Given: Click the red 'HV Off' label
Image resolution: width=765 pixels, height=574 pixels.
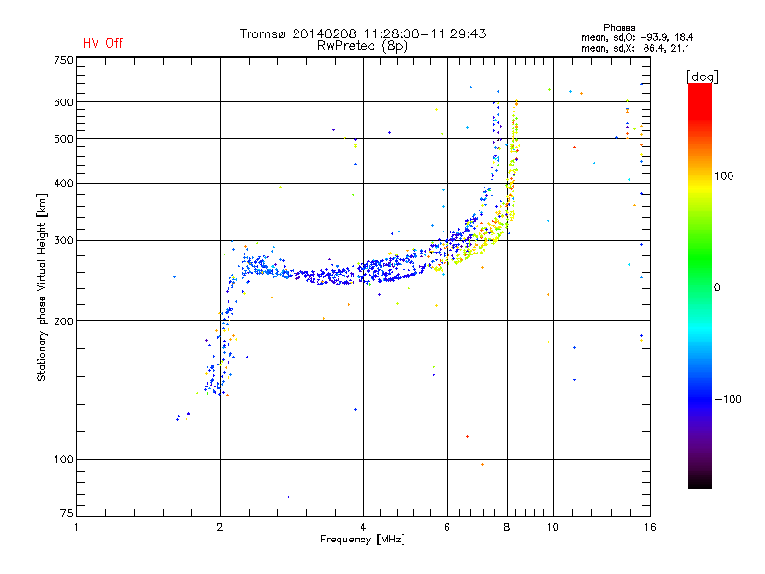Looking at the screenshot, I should pyautogui.click(x=102, y=43).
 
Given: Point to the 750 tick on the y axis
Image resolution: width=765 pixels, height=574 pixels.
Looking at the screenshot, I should pyautogui.click(x=63, y=60).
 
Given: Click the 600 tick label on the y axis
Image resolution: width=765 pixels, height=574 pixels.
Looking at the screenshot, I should pyautogui.click(x=63, y=102).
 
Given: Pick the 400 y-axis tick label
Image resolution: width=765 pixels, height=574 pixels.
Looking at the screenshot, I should pyautogui.click(x=63, y=183).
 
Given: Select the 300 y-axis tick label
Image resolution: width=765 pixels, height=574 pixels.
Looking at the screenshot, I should pyautogui.click(x=63, y=240).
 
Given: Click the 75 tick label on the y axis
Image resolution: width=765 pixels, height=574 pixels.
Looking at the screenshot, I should pyautogui.click(x=66, y=516).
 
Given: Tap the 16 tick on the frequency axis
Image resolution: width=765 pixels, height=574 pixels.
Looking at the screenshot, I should pyautogui.click(x=648, y=527).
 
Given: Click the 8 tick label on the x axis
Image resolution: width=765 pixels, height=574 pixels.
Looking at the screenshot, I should pyautogui.click(x=507, y=527).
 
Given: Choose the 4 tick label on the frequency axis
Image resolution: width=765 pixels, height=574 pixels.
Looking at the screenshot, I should pyautogui.click(x=363, y=527).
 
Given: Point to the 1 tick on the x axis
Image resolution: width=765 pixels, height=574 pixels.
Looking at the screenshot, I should pyautogui.click(x=77, y=527).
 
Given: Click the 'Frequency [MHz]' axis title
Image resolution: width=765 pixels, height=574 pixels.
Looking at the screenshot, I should pyautogui.click(x=361, y=541).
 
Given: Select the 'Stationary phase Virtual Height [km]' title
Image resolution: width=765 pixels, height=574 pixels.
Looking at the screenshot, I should pyautogui.click(x=42, y=288).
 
